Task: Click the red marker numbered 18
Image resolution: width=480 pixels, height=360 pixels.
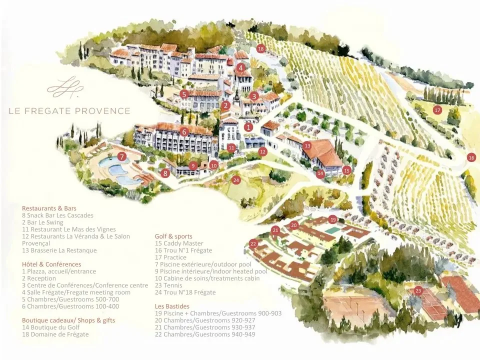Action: tap(260, 49)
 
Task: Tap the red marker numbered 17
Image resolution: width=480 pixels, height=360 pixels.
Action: tap(437, 110)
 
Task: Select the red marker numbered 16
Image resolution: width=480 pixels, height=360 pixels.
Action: tap(471, 157)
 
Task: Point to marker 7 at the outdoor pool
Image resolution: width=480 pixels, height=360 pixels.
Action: tap(121, 156)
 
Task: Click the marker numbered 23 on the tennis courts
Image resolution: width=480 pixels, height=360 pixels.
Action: tap(418, 290)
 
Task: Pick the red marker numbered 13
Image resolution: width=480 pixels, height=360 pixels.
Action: tap(307, 145)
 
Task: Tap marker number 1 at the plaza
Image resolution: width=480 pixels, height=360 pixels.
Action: tap(248, 127)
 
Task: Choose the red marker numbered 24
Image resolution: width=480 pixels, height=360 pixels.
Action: tap(236, 180)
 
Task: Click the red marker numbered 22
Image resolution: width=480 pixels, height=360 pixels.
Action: tap(253, 244)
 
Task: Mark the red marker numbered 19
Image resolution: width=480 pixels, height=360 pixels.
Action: tap(333, 219)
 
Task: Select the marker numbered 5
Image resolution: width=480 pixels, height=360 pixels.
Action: tap(184, 94)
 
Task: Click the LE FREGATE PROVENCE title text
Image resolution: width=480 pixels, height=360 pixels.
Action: tap(69, 111)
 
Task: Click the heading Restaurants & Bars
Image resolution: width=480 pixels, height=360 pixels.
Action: tap(49, 208)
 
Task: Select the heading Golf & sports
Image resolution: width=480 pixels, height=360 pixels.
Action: tap(173, 236)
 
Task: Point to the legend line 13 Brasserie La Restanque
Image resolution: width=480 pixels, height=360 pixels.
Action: tap(59, 250)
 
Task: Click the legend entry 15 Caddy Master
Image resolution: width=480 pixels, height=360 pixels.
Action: tap(179, 243)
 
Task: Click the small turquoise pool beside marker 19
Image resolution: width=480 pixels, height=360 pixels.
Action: tap(332, 230)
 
